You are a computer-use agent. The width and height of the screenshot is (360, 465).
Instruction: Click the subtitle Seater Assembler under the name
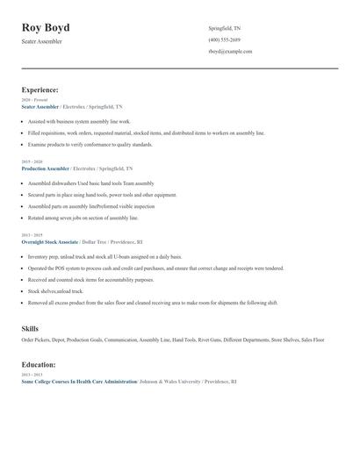[42, 41]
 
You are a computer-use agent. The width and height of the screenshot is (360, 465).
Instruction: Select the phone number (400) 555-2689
[224, 39]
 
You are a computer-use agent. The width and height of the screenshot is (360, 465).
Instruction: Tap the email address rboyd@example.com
[230, 51]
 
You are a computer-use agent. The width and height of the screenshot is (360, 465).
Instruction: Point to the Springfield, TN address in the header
[225, 28]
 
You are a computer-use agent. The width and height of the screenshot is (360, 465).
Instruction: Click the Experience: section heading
[40, 89]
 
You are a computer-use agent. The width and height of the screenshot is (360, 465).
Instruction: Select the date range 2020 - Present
[33, 100]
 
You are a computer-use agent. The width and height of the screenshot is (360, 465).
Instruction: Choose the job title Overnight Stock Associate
[50, 240]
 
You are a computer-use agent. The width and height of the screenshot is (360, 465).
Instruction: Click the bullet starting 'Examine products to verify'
[90, 144]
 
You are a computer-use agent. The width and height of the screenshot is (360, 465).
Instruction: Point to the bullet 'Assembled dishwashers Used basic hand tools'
[90, 183]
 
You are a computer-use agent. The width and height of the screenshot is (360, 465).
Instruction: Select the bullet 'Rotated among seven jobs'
[83, 217]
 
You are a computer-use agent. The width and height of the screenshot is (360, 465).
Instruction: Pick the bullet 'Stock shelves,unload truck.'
[55, 290]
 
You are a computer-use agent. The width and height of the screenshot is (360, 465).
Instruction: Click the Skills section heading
[30, 328]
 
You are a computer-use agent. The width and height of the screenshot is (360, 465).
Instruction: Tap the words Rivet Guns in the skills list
[209, 339]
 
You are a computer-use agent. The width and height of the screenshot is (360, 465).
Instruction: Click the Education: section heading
[39, 364]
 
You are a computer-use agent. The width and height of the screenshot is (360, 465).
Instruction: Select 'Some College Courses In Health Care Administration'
[79, 382]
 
